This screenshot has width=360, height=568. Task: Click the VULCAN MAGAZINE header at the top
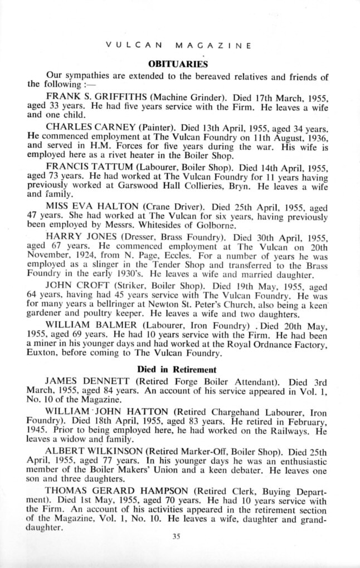(178, 45)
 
